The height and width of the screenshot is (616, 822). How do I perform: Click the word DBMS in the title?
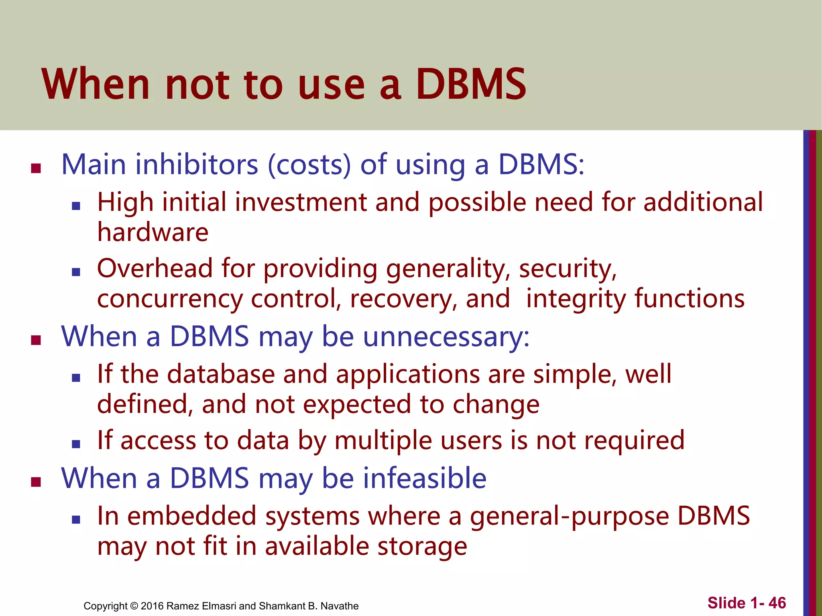pos(470,84)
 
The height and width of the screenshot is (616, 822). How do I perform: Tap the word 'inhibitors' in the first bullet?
pos(197,164)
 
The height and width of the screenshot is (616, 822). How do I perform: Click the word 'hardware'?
pos(153,233)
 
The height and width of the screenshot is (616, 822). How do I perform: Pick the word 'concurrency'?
pos(170,299)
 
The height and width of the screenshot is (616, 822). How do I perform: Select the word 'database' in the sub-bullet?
pos(221,374)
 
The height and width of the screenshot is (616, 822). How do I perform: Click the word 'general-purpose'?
pos(570,517)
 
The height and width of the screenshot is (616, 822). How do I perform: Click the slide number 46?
pos(777,603)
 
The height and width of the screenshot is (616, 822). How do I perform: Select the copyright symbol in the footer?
pos(134,606)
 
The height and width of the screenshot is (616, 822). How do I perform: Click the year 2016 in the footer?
pos(152,606)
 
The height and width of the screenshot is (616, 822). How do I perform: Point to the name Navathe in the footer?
pos(340,606)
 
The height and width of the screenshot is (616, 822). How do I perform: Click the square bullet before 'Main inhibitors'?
pos(36,168)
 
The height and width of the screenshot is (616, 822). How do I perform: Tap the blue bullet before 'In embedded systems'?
pos(76,520)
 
